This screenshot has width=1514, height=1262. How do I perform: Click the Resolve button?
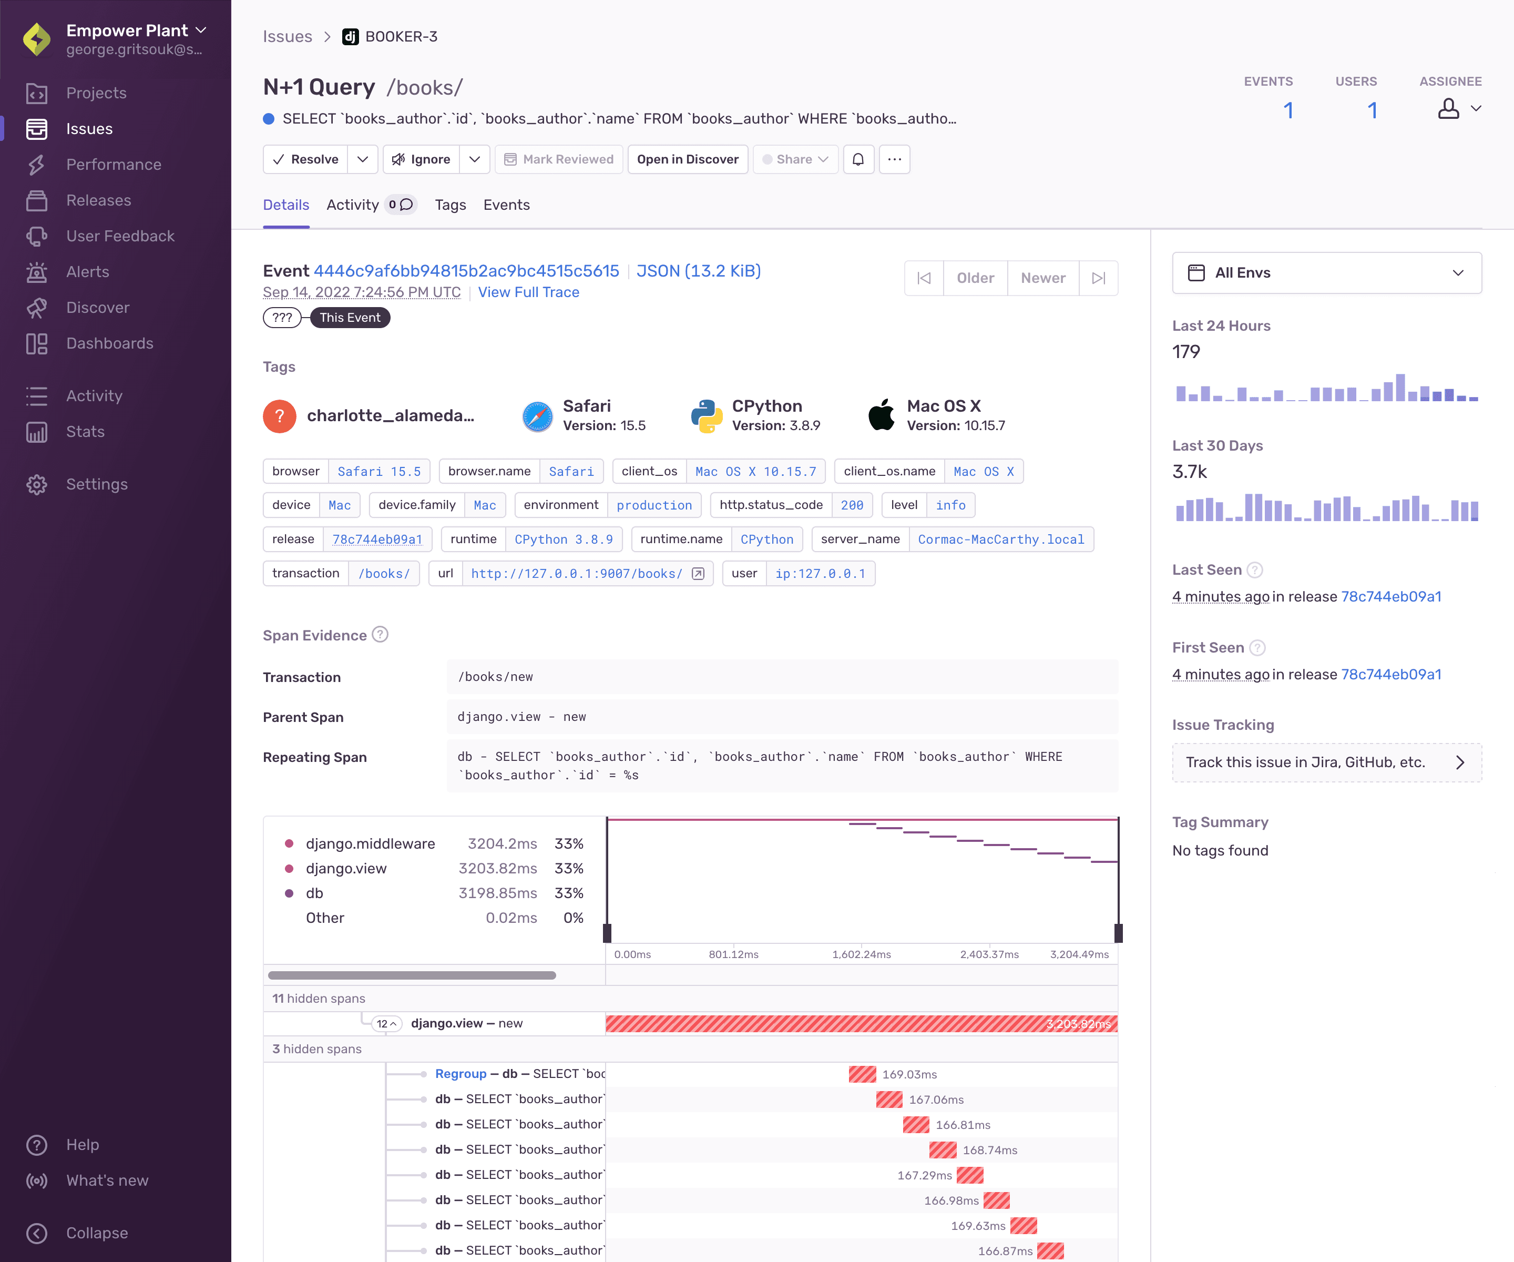[305, 159]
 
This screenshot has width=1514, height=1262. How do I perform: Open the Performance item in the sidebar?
[113, 165]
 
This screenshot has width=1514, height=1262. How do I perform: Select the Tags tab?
[450, 205]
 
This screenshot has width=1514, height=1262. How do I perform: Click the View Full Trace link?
[528, 292]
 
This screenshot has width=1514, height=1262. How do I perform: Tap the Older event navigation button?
[975, 278]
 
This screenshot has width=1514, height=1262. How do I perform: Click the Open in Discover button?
[687, 159]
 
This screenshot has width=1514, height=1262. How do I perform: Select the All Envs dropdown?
[1326, 272]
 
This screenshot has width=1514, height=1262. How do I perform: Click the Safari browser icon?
[537, 416]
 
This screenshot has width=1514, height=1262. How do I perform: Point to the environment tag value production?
[654, 505]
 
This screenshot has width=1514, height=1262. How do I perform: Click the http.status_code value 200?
[852, 505]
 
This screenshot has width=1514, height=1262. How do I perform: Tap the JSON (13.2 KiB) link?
[698, 271]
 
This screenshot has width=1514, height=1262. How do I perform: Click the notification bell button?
[858, 159]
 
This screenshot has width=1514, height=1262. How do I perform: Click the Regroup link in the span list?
[461, 1074]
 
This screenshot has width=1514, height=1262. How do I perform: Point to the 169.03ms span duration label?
[909, 1074]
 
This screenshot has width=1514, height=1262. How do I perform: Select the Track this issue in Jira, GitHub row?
[1326, 762]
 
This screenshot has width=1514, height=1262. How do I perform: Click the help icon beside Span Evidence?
[380, 635]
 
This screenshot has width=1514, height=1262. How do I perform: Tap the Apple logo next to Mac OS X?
[881, 415]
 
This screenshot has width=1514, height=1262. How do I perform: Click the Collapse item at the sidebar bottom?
[97, 1233]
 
